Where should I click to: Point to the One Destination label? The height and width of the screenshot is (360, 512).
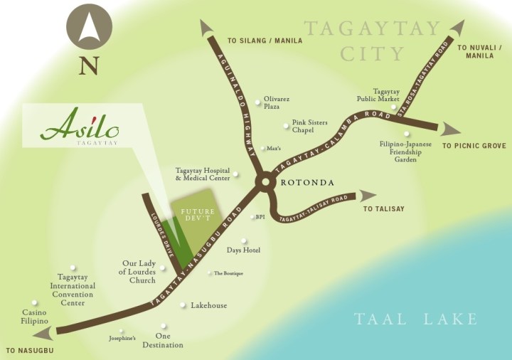click(x=169, y=341)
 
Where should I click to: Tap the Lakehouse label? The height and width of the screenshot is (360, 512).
click(x=208, y=305)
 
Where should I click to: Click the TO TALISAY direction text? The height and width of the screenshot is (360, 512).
click(x=383, y=208)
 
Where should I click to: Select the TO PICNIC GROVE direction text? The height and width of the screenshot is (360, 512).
click(x=474, y=146)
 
